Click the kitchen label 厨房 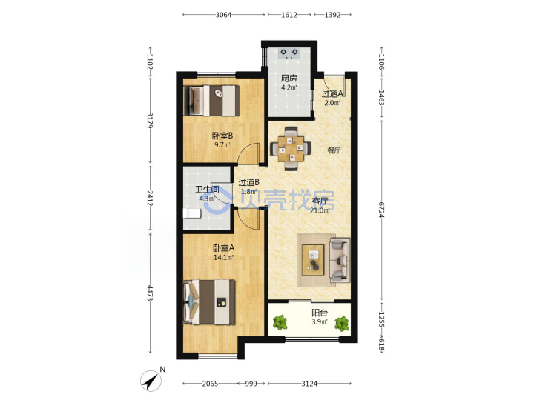pos(289,79)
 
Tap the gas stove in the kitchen pos(289,53)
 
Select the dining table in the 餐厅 pos(291,149)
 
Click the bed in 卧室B pos(211,100)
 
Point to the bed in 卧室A pos(209,301)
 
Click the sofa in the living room pos(340,260)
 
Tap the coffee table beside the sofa pos(313,259)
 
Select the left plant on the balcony pos(280,322)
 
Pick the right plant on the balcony pos(341,324)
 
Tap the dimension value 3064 pos(223,15)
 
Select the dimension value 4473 pos(150,293)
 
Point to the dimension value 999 pos(251,384)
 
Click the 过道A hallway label pos(332,93)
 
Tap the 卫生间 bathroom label pos(207,190)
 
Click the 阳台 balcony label pos(320,313)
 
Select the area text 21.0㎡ pos(320,210)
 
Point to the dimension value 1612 pos(289,15)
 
